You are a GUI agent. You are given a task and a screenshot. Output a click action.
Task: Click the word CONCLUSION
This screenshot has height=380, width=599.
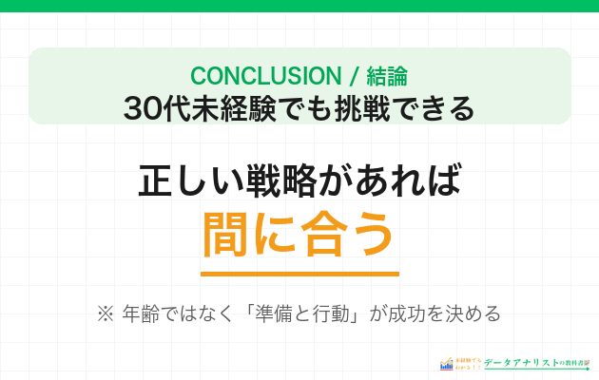point(252,76)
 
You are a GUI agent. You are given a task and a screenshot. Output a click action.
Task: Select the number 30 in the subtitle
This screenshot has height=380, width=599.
point(142,108)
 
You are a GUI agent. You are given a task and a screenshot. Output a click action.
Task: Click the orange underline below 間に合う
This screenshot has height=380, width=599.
point(299,273)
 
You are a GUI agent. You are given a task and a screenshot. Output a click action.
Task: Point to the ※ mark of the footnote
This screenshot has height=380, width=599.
point(105,313)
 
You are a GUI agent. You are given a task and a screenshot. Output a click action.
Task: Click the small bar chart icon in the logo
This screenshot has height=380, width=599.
point(447,364)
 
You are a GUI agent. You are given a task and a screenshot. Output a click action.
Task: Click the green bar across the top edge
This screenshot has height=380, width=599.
point(299,6)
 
